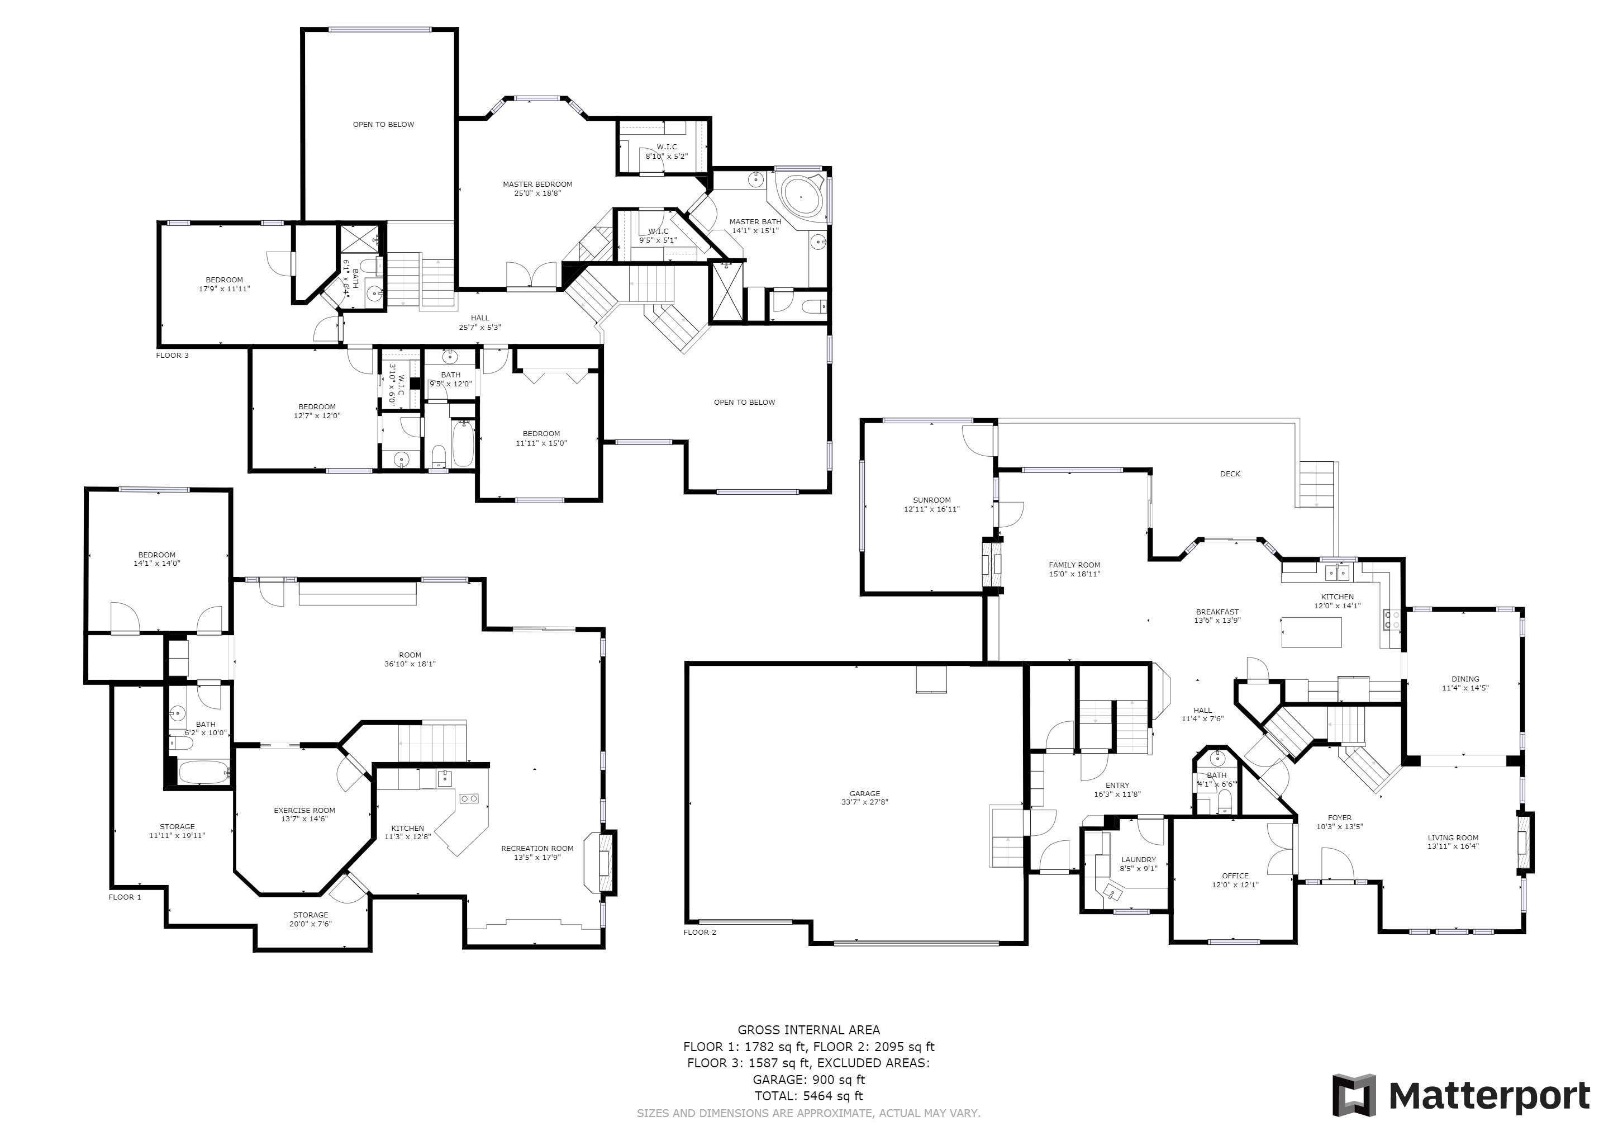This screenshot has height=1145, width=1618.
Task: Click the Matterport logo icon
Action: coord(1354,1096)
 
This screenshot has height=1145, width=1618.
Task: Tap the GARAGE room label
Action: coord(865,794)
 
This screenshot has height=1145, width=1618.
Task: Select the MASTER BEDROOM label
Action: coord(537,184)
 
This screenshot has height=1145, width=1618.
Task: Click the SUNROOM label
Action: coord(931,500)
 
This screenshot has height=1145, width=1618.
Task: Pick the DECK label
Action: coord(1230,474)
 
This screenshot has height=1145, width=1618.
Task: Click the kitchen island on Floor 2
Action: coord(1311,632)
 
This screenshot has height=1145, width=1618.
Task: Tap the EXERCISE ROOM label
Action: coord(304,811)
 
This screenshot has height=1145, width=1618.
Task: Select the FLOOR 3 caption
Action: coord(173,356)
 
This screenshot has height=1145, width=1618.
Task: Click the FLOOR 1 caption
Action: coord(125,897)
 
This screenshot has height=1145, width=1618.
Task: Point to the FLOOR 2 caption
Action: coord(699,932)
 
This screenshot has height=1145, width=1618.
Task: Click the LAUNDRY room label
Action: coord(1138,859)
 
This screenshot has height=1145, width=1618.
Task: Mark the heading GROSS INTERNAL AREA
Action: coord(808,1030)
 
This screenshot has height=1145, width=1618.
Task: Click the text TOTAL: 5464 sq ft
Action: coord(808,1096)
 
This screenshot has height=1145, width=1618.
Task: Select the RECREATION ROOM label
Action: coord(537,849)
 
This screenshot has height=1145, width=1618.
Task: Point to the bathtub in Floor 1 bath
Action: coord(204,772)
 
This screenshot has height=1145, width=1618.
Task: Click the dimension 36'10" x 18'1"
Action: coord(410,664)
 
